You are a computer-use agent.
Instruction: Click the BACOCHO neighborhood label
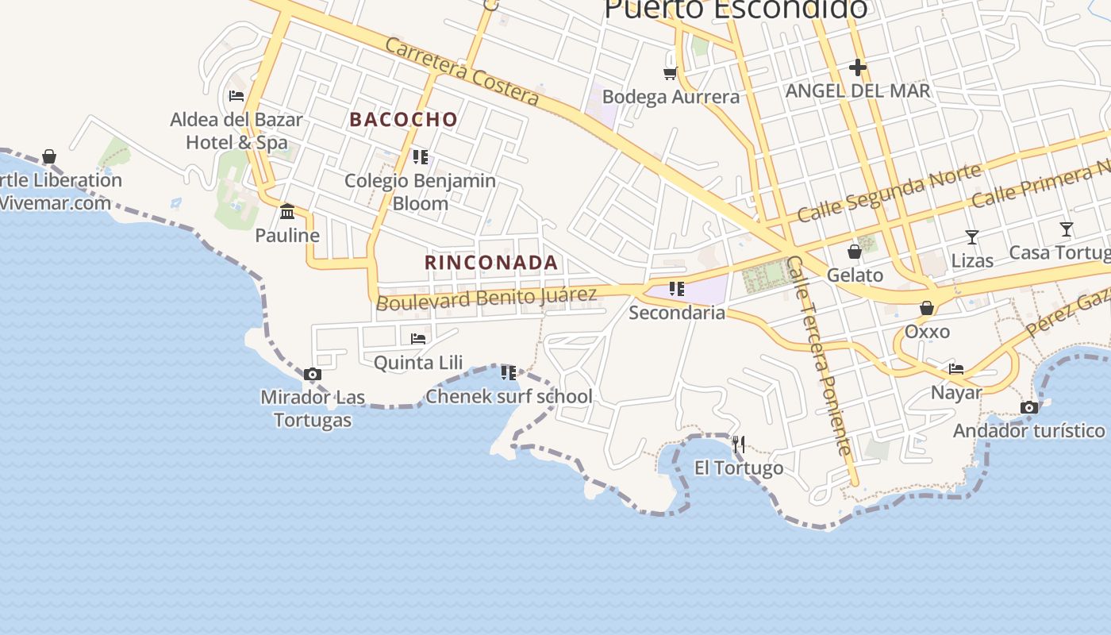click(403, 120)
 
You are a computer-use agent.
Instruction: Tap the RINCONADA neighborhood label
click(491, 263)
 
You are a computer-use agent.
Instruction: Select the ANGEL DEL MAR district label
click(857, 90)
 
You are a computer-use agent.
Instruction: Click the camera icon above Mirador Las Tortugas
click(313, 375)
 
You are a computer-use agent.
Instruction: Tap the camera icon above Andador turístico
click(1029, 408)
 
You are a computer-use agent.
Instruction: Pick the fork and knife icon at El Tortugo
click(739, 444)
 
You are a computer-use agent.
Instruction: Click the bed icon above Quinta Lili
click(418, 339)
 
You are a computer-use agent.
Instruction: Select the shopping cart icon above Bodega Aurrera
click(671, 73)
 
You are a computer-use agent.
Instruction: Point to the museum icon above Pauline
click(287, 212)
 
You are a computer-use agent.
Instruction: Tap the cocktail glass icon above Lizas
click(971, 237)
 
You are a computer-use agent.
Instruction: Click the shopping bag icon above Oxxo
click(926, 308)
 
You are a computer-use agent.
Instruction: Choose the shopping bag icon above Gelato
click(855, 252)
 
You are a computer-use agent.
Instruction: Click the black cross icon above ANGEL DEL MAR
click(857, 67)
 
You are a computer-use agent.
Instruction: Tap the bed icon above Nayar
click(956, 369)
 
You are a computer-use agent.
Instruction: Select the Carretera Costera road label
click(462, 71)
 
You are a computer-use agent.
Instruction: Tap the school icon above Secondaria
click(676, 289)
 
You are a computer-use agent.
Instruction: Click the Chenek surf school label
click(509, 396)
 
